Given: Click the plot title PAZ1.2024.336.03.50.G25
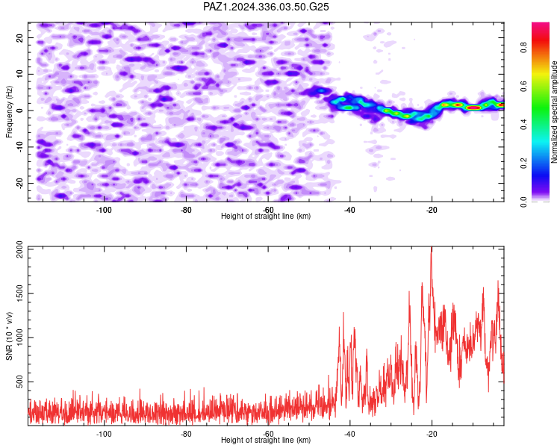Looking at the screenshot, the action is (266, 7).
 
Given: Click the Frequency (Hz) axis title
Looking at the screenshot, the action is (9, 112).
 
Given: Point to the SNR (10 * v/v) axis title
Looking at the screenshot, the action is (9, 336).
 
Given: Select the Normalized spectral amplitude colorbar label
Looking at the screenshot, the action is (554, 112).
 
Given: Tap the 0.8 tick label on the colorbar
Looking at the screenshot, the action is (523, 48).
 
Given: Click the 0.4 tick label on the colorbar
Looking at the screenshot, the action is (523, 125).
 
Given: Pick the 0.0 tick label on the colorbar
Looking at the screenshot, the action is (523, 202).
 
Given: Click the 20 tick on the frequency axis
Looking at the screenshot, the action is (20, 37).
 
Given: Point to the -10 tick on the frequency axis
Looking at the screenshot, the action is (20, 146).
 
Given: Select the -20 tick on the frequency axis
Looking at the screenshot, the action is (20, 183).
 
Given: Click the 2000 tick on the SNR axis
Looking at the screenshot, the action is (20, 249).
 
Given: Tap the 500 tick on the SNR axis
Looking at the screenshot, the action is (20, 382).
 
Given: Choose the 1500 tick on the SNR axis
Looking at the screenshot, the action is (20, 293).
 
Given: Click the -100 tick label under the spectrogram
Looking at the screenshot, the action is (104, 210).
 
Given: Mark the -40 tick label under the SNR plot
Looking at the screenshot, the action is (349, 434).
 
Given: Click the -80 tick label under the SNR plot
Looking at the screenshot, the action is (186, 434).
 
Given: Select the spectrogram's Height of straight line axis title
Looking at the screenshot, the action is (266, 216).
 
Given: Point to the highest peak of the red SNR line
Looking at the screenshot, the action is (432, 247).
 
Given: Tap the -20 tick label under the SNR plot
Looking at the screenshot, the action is (432, 434).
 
